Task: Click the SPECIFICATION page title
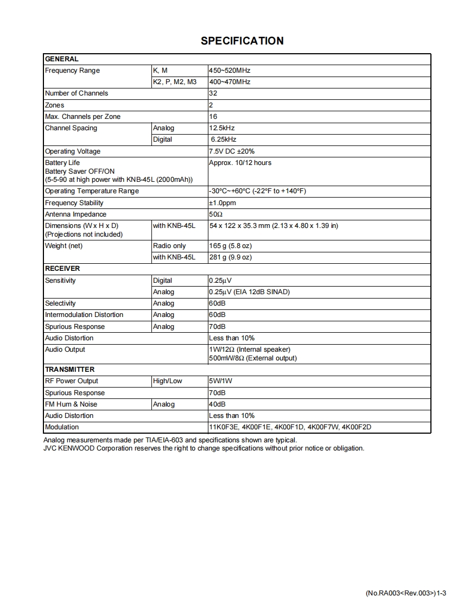coord(242,41)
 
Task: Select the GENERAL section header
coord(62,59)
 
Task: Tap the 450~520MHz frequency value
coord(230,71)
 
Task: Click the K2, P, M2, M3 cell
coord(175,82)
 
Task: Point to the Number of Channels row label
coord(77,93)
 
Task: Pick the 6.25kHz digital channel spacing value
coord(224,139)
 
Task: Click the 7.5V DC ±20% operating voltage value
coord(232,151)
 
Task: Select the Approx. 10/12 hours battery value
coord(240,163)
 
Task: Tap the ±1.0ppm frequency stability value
coord(223,203)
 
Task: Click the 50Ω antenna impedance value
coord(216,214)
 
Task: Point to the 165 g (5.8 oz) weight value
coord(230,246)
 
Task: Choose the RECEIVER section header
coord(62,269)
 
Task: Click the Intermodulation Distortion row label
coord(84,315)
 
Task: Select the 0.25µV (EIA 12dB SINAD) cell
coord(249,292)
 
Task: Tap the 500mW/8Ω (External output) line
coord(253,358)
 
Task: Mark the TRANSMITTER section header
coord(69,370)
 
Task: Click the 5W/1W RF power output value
coord(220,381)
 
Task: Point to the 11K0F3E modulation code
coord(224,427)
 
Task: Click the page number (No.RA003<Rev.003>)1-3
coord(406,593)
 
